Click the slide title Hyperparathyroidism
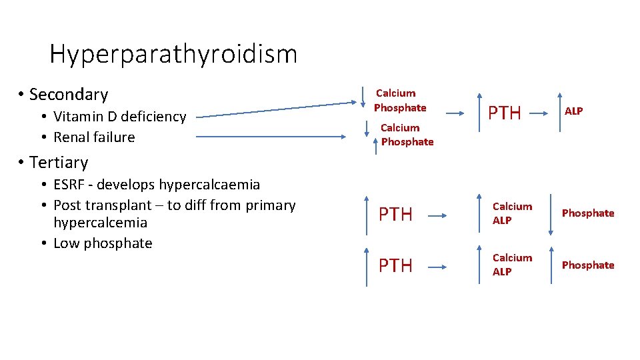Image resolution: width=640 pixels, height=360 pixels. (x=173, y=54)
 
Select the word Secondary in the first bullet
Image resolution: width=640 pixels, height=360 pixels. (x=69, y=95)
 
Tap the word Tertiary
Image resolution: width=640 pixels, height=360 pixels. (x=59, y=163)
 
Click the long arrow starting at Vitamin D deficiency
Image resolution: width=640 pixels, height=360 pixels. (x=277, y=110)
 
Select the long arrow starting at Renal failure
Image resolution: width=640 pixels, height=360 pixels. (x=277, y=137)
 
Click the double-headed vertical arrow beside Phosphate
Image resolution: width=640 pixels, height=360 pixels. (x=551, y=214)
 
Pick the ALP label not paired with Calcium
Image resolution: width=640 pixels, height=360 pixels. (x=573, y=111)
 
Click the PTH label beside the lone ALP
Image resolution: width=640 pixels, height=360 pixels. (x=505, y=113)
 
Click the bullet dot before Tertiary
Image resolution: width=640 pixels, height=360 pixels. (x=22, y=163)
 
